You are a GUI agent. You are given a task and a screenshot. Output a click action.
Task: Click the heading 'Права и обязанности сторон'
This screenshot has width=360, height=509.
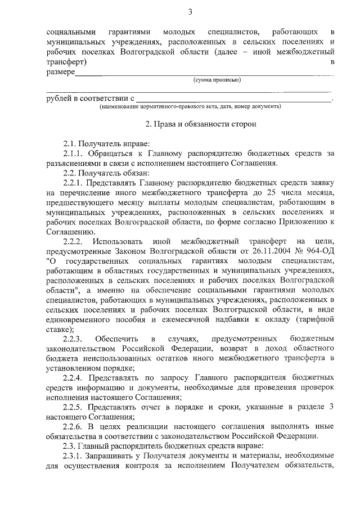point(201,123)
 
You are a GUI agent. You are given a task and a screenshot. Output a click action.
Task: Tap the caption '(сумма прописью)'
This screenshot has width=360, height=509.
point(217,80)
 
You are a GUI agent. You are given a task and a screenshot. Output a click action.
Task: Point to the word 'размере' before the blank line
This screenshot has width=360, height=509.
point(60,72)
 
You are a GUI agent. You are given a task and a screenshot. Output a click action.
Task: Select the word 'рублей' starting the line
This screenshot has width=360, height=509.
point(59,99)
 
